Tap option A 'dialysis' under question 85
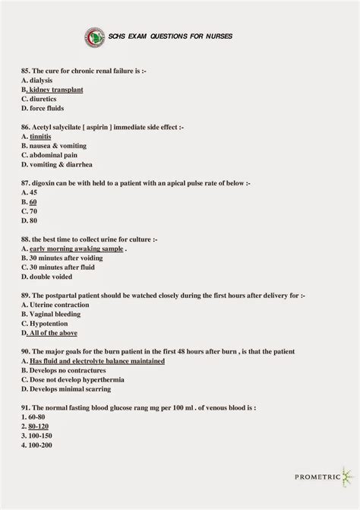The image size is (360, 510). tap(39, 80)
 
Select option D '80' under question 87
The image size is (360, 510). tap(30, 220)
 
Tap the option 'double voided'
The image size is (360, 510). tap(50, 277)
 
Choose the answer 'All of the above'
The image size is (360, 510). tap(52, 333)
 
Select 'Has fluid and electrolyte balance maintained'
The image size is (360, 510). tap(96, 361)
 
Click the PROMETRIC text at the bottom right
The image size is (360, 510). tap(317, 477)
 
